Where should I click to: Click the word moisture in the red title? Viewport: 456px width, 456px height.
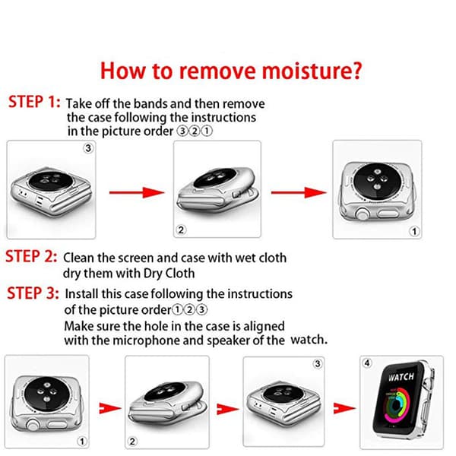(x=312, y=71)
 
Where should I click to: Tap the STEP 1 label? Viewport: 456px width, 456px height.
(x=34, y=102)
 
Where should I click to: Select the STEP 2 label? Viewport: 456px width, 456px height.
(x=31, y=256)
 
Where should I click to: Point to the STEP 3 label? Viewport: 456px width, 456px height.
(x=33, y=293)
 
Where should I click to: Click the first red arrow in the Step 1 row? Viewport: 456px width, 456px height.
(x=137, y=192)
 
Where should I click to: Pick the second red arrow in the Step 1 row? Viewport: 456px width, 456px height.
(x=299, y=192)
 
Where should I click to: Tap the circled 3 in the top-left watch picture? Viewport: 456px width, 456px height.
(x=88, y=148)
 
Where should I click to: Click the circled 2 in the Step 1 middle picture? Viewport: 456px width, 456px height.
(x=181, y=230)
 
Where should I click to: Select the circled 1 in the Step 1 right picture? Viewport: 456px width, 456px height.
(x=414, y=232)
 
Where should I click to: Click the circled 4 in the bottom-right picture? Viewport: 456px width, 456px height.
(x=367, y=363)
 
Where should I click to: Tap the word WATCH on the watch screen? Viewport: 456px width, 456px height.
(x=401, y=377)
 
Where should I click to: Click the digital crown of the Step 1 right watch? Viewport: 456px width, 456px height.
(x=363, y=214)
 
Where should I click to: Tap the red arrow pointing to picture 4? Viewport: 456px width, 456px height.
(x=344, y=408)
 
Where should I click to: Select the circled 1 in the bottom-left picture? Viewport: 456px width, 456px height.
(x=82, y=441)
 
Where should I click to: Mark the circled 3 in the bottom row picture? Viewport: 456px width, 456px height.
(x=318, y=363)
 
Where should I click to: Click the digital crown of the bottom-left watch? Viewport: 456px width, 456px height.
(x=33, y=425)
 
